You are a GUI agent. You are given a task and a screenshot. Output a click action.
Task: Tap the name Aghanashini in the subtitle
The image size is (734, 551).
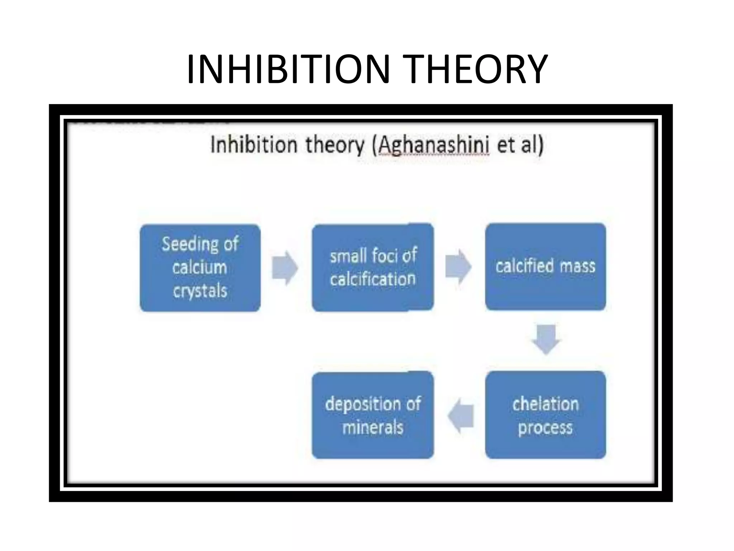click(x=434, y=145)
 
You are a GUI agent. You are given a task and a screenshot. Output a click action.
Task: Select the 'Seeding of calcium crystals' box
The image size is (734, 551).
click(x=200, y=268)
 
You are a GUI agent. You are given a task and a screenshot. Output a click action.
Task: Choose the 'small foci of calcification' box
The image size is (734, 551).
click(x=373, y=268)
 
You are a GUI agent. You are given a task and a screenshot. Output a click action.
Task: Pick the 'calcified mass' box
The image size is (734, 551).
click(x=545, y=266)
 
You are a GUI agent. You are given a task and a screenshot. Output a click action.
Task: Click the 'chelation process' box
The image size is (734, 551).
click(x=545, y=415)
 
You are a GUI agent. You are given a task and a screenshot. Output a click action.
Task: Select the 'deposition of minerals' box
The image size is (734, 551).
click(x=373, y=415)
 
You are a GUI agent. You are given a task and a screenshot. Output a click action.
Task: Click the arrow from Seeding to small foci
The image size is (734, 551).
click(x=285, y=268)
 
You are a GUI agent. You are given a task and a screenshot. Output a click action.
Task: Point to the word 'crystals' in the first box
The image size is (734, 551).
click(x=200, y=291)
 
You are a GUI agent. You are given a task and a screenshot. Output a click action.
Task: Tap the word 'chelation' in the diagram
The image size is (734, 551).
click(x=545, y=404)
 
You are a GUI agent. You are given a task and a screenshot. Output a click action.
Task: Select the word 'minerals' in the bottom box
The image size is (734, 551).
click(x=373, y=428)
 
